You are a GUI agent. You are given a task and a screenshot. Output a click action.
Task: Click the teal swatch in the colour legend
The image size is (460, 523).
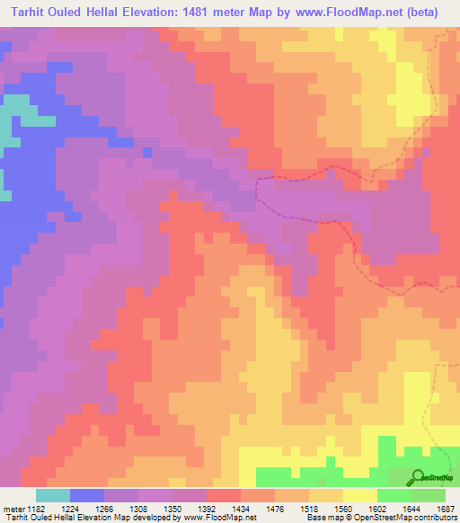coord(53,495)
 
